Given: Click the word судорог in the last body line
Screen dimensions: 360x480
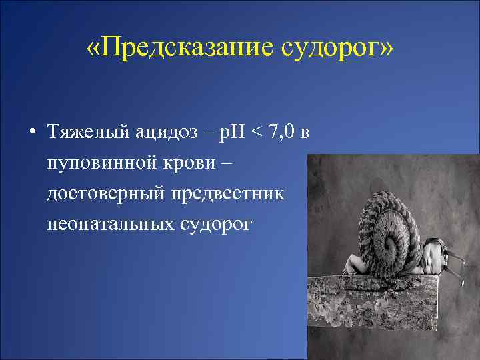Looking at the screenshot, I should click(x=214, y=225).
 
